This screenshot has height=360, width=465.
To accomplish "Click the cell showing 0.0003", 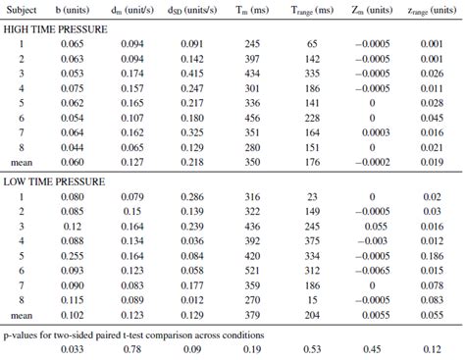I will pos(376,131).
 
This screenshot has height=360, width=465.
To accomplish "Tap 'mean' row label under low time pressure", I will pos(21,316).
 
